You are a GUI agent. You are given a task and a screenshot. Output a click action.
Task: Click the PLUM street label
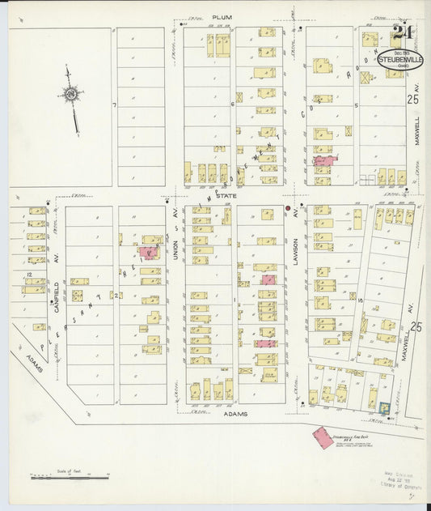[x=222, y=17]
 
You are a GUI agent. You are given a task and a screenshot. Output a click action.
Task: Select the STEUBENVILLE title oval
[x=401, y=60]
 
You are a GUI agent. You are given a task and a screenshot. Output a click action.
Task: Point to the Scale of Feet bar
[x=59, y=478]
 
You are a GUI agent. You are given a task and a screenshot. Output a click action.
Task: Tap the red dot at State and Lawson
[x=287, y=208]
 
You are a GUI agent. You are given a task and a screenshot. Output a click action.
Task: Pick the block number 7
[x=116, y=105]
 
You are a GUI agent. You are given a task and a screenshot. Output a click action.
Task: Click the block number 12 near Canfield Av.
[x=28, y=276]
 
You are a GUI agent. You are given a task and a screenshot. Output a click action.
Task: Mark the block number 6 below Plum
[x=232, y=104]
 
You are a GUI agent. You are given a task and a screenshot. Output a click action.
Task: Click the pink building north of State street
[x=325, y=161]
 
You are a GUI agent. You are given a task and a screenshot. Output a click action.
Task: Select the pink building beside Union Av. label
[x=149, y=252]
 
